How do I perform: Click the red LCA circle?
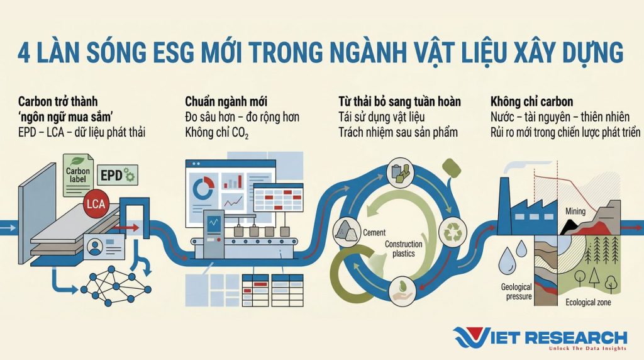[96, 203]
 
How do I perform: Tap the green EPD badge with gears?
[118, 176]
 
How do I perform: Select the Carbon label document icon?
[78, 175]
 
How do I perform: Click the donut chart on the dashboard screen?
[203, 188]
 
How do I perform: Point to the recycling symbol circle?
[453, 232]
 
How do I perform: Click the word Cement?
[374, 233]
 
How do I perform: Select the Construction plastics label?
[403, 249]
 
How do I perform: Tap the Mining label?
[575, 211]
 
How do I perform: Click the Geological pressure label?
[516, 292]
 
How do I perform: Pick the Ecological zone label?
[588, 303]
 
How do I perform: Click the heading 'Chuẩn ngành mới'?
[226, 101]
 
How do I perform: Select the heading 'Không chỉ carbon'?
[531, 101]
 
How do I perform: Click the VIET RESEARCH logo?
[540, 339]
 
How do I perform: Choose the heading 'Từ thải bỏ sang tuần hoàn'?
[399, 101]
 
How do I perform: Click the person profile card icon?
[104, 247]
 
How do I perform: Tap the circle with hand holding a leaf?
[402, 291]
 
